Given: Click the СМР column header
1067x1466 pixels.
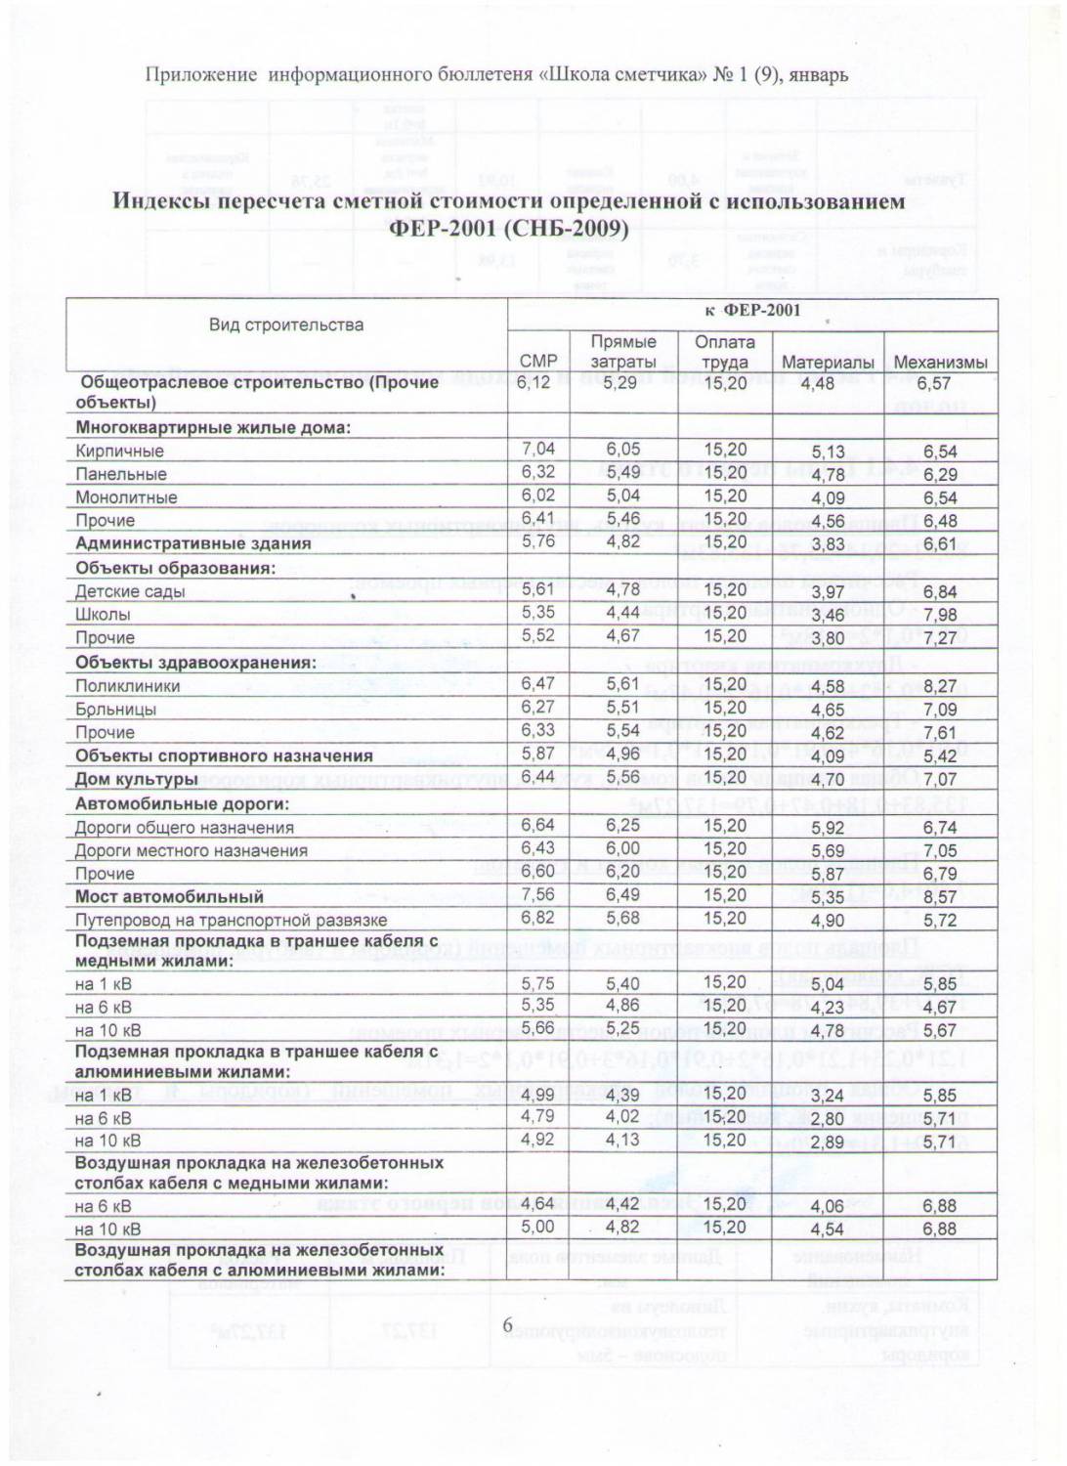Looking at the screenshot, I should tap(538, 361).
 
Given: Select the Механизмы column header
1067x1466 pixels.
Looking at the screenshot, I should tap(940, 363).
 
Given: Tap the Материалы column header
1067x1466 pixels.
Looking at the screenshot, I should tap(828, 363).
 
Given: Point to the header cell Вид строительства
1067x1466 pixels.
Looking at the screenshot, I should tap(285, 325).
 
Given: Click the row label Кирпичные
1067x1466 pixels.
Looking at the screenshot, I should tap(120, 452).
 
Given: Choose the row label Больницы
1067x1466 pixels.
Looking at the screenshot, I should tap(115, 710).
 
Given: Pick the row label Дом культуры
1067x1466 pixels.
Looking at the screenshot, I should tap(137, 780).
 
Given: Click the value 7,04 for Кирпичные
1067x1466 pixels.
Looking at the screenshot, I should tap(538, 449).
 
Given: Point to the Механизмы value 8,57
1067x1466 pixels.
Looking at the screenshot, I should tap(940, 897).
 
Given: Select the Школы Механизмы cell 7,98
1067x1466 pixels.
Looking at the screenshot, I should tap(940, 615).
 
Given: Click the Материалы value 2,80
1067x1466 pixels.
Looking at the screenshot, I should tap(828, 1119).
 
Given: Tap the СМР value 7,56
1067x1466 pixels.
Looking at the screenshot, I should tap(538, 895).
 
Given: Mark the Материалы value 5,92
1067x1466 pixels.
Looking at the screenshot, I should tap(828, 828).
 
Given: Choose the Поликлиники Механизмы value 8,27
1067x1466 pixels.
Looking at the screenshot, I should tap(940, 686).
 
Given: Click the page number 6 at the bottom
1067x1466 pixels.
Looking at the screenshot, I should tap(507, 1324).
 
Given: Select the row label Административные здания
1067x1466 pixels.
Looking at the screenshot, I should tap(193, 544).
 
